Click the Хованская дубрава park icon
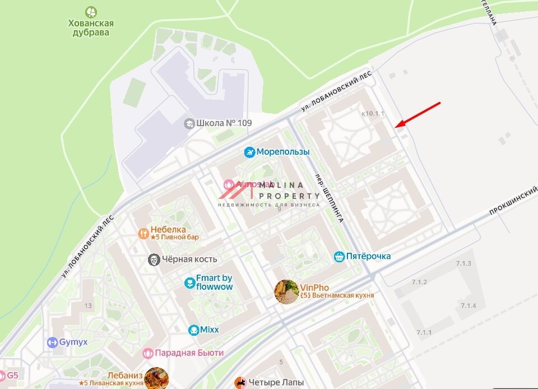[x=90, y=12]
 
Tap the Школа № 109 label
[x=224, y=123]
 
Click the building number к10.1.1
[x=373, y=114]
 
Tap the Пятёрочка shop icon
[x=339, y=257]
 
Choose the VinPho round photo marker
[x=286, y=291]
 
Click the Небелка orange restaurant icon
[x=144, y=233]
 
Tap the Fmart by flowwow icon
[x=189, y=283]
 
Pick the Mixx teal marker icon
[x=194, y=330]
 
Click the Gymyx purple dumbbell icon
[x=53, y=342]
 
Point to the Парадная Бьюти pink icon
[x=147, y=353]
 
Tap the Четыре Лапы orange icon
[x=240, y=383]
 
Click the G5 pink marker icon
[x=2, y=376]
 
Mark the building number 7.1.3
[x=463, y=263]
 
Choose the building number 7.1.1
[x=424, y=332]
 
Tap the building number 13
[x=88, y=305]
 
